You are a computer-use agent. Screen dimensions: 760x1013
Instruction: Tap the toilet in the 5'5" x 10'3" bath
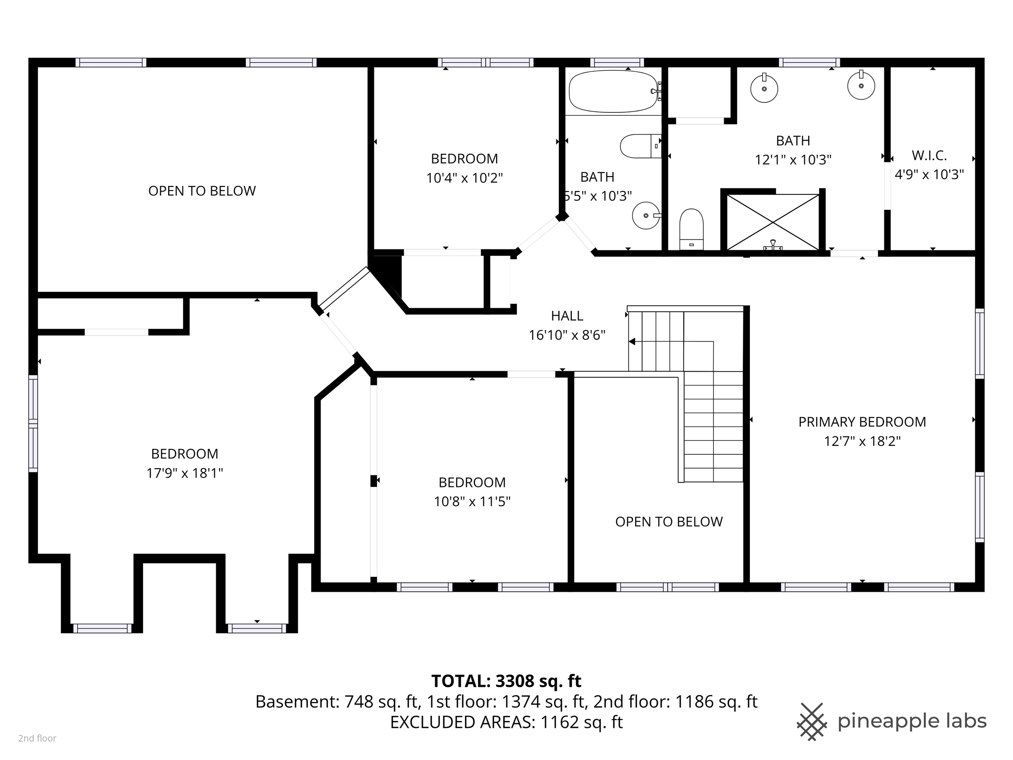coord(640,146)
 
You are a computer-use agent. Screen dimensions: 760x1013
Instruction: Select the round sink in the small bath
coord(645,216)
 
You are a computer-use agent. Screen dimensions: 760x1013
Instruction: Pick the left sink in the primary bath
coord(764,89)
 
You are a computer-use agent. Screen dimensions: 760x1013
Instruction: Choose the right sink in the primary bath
coord(861,86)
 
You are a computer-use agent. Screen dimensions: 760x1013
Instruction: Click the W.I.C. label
coord(929,155)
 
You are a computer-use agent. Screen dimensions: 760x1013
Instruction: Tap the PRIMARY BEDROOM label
coord(862,422)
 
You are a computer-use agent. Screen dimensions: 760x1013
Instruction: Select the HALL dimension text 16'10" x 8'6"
coord(567,335)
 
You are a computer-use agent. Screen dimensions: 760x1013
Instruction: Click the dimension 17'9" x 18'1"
coord(184,473)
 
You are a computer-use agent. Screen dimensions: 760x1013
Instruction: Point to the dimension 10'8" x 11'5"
coord(472,502)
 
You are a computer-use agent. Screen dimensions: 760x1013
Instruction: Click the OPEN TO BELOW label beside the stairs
coord(669,522)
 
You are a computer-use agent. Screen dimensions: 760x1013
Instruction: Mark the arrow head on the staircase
coord(632,341)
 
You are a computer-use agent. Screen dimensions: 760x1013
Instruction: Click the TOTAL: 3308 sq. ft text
coord(506,681)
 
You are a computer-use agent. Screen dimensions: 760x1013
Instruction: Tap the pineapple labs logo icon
coord(811,721)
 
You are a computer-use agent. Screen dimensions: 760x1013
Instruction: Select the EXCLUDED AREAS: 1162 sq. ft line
coord(506,722)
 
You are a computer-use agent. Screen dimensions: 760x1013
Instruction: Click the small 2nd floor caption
coord(37,738)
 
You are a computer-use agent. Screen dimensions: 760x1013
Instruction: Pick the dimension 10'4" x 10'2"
coord(464,178)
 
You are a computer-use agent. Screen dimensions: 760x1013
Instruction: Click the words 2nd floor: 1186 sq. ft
coord(675,702)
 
